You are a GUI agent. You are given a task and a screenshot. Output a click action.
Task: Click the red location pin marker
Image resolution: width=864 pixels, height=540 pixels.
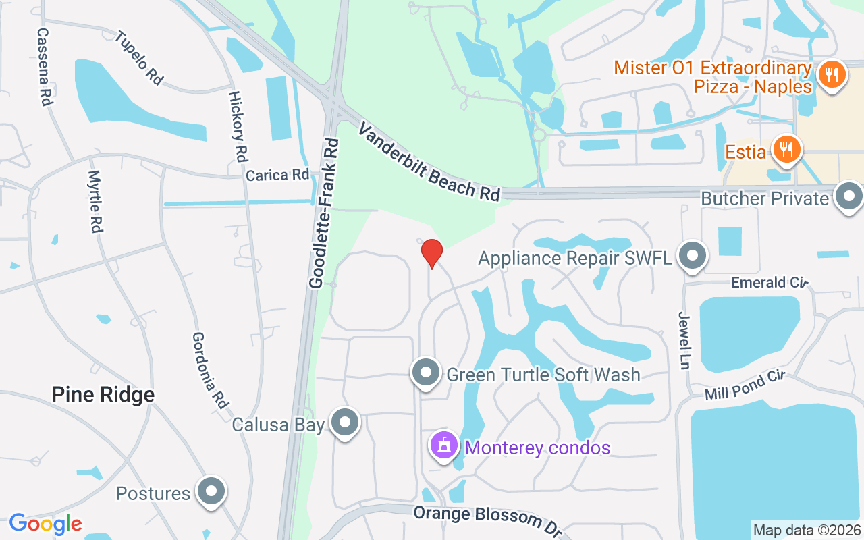pos(431,254)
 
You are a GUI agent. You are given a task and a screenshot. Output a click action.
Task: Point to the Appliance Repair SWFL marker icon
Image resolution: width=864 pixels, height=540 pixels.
pos(692,257)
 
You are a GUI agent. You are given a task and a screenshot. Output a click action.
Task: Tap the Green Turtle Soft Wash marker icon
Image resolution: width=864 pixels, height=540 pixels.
pos(426,373)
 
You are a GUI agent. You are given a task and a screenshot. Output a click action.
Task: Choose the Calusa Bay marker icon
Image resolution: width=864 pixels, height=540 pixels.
pos(346,423)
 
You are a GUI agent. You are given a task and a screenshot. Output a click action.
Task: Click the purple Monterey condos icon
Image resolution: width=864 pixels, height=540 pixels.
pos(444,446)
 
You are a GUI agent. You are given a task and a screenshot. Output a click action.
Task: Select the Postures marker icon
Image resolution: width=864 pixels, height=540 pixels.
pos(211,492)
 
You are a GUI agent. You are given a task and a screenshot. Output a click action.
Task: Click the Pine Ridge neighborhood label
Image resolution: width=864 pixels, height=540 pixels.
pos(103,395)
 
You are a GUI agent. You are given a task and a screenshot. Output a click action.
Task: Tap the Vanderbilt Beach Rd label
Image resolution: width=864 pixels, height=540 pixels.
pos(429,161)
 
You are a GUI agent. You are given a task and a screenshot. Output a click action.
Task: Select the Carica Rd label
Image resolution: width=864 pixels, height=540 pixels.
pos(277,175)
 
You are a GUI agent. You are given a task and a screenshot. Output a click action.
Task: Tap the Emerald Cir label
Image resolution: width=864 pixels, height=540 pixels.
pos(769,282)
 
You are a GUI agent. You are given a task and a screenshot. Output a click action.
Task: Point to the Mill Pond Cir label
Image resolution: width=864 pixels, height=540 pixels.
pos(744,385)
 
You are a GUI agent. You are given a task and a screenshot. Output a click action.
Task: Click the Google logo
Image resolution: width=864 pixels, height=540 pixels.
pos(45,523)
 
